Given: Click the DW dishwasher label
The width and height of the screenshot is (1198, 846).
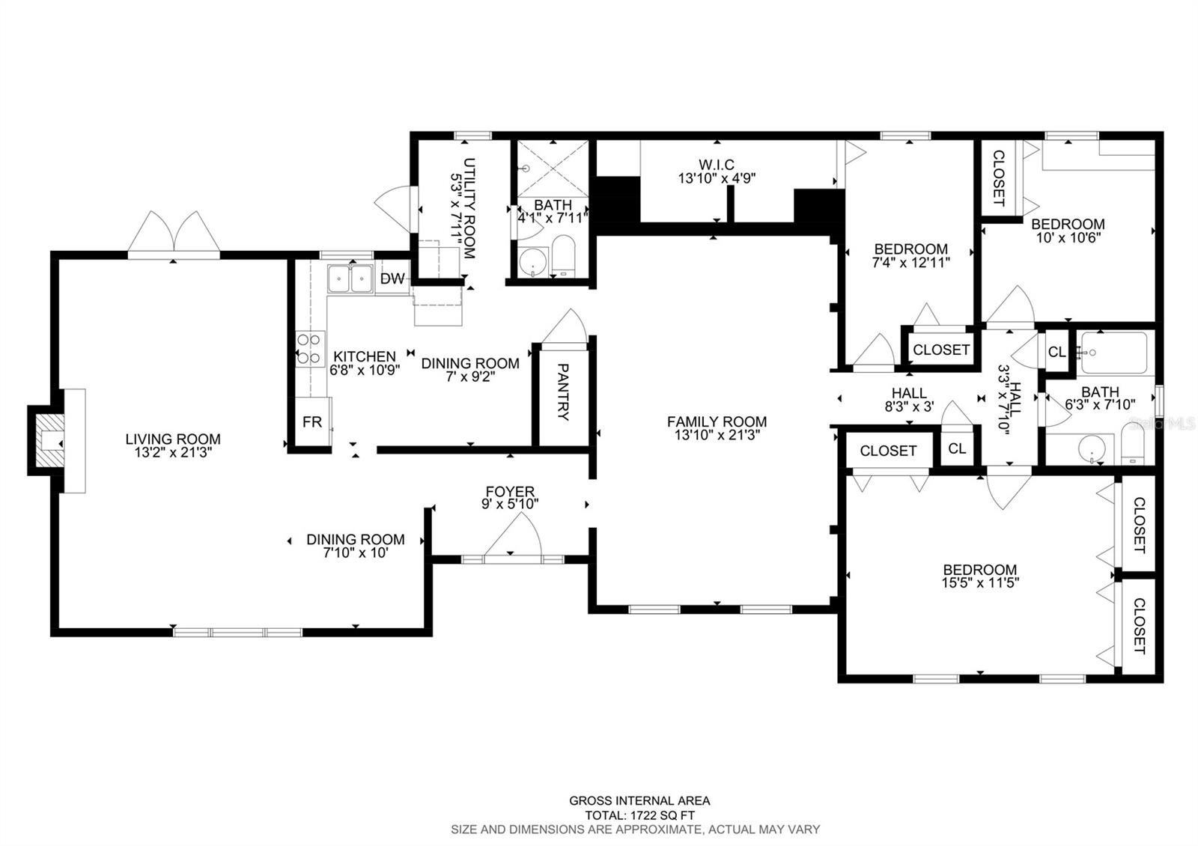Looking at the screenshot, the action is pyautogui.click(x=392, y=278).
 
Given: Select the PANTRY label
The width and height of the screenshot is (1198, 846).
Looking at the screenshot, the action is pyautogui.click(x=562, y=392).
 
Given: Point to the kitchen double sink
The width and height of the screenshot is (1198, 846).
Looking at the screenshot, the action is pyautogui.click(x=350, y=279).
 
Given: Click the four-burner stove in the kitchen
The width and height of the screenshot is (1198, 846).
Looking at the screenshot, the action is pyautogui.click(x=310, y=349).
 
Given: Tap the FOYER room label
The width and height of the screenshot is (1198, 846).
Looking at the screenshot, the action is pyautogui.click(x=510, y=491).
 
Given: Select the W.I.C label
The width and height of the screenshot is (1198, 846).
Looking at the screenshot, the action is pyautogui.click(x=716, y=164).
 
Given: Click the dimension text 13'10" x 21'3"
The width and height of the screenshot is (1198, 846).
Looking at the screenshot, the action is pyautogui.click(x=717, y=435).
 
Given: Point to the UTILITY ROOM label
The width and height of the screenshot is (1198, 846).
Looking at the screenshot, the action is pyautogui.click(x=469, y=208).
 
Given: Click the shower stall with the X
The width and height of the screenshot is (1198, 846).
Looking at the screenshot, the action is pyautogui.click(x=553, y=168).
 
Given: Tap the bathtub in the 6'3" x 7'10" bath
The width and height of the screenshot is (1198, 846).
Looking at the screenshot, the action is pyautogui.click(x=1114, y=353).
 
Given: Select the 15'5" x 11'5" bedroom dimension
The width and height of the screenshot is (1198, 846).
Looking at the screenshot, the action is pyautogui.click(x=980, y=582).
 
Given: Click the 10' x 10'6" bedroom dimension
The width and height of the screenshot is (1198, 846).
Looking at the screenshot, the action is pyautogui.click(x=1068, y=237).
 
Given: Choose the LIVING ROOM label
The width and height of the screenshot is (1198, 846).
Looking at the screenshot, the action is pyautogui.click(x=173, y=439).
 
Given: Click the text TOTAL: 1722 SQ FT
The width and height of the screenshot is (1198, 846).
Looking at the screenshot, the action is pyautogui.click(x=639, y=815).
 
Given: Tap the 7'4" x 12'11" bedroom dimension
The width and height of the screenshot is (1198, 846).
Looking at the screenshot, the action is pyautogui.click(x=910, y=263).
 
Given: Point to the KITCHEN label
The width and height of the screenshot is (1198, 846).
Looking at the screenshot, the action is pyautogui.click(x=365, y=356).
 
